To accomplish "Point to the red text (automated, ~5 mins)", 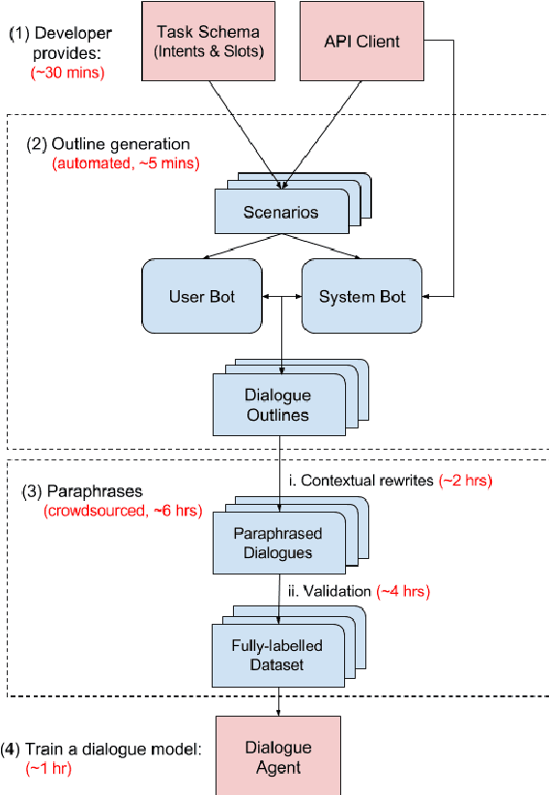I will pos(126,163).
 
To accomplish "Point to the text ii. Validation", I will pos(327,590).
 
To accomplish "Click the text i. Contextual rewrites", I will pos(362,480).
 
